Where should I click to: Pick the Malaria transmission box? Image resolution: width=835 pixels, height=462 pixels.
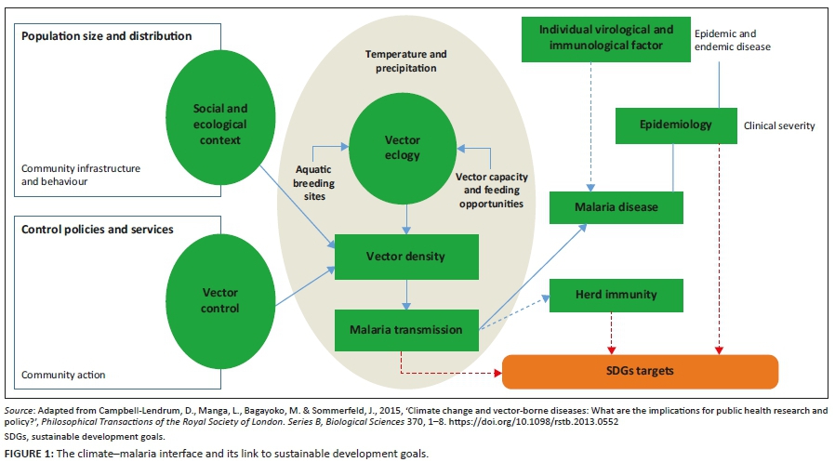tap(407, 327)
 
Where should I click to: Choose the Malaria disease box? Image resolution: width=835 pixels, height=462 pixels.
tap(616, 207)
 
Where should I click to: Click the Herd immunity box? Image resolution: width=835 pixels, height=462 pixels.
tap(616, 294)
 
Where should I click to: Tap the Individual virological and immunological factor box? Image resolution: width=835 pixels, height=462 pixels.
tap(606, 37)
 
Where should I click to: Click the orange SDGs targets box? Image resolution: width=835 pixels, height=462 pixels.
tap(640, 370)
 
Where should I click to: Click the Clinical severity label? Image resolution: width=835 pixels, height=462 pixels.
tap(778, 125)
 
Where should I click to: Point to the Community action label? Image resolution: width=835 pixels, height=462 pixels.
tap(63, 375)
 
